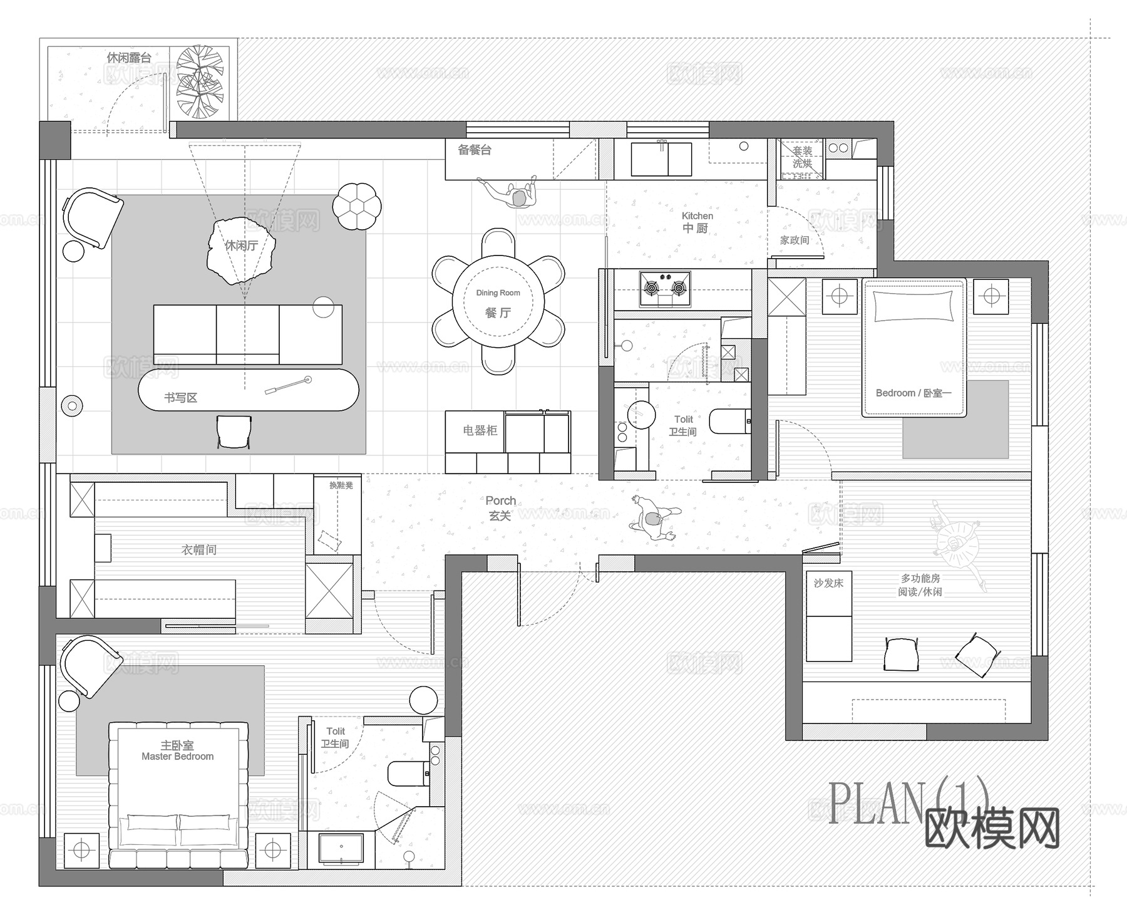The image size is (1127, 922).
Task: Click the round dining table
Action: pos(498,302)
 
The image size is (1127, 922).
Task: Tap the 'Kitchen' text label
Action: pos(697,216)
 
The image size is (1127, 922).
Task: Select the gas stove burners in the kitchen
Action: pos(665,288)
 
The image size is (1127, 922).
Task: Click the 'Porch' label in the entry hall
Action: pos(500,501)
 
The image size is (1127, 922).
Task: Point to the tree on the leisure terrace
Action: pos(200,81)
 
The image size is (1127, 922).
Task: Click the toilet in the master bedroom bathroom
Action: pos(408,773)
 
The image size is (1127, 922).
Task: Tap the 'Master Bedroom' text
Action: pos(177,757)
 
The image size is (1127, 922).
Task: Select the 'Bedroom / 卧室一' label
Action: pos(913,393)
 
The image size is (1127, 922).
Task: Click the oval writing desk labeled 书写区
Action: pos(249,390)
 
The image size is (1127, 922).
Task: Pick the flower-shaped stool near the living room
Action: pos(357,205)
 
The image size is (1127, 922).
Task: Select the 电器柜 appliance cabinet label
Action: pos(480,430)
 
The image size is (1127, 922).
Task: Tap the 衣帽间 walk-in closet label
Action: pos(198,550)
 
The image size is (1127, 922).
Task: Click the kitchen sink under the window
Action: pos(661,160)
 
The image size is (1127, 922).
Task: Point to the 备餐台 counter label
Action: pos(474,150)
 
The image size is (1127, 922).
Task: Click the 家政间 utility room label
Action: pos(794,240)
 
